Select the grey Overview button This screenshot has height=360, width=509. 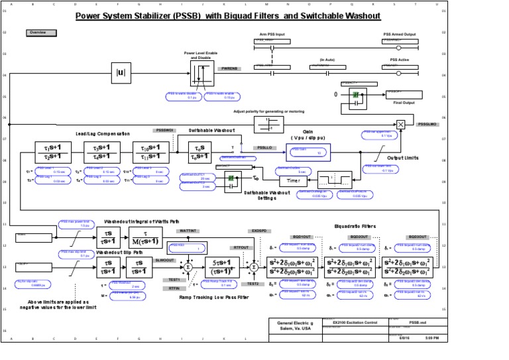pyautogui.click(x=37, y=32)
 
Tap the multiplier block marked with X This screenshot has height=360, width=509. pyautogui.click(x=401, y=124)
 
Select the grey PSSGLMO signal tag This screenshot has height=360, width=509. pyautogui.click(x=426, y=124)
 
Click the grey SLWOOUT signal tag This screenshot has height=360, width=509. pyautogui.click(x=164, y=261)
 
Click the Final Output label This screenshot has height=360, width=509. pyautogui.click(x=405, y=103)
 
